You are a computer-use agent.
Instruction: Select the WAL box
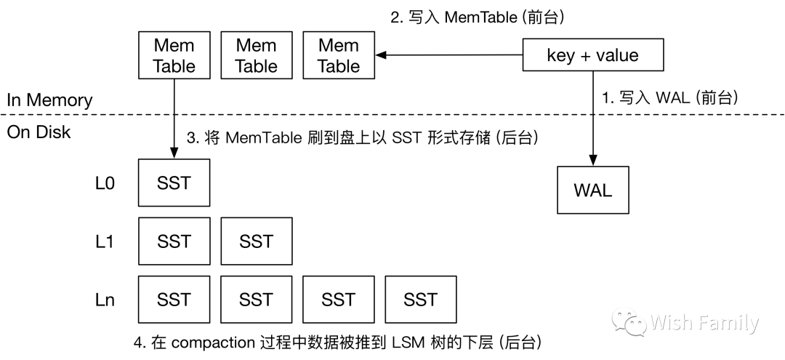[592, 190]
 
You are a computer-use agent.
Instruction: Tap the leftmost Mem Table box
[174, 56]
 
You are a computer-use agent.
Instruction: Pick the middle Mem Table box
[256, 56]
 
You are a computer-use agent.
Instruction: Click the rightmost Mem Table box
[339, 56]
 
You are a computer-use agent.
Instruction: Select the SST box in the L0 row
[174, 183]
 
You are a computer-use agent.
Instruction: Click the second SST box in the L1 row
[256, 241]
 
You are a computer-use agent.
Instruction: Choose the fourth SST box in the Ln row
[421, 299]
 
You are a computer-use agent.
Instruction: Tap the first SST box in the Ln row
[174, 299]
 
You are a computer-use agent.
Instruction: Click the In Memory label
[49, 100]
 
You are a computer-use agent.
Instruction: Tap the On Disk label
[39, 132]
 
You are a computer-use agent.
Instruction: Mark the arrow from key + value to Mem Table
[451, 56]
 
